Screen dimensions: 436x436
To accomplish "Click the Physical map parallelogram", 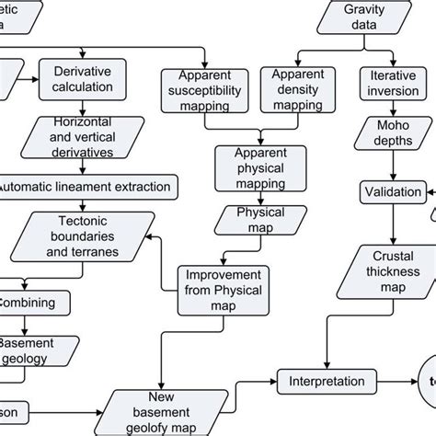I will pos(246,221).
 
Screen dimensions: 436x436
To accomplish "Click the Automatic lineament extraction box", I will pos(85,186).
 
